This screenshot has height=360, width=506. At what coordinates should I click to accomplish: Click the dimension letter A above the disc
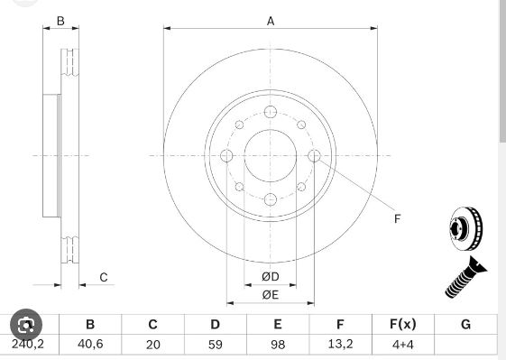tap(271, 22)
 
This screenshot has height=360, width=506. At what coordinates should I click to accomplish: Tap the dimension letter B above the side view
tap(60, 21)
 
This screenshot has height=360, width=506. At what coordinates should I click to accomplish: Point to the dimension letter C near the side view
tap(103, 277)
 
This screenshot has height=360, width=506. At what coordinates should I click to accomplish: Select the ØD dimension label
tap(271, 277)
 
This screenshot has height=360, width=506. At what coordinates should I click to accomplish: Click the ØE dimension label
tap(271, 295)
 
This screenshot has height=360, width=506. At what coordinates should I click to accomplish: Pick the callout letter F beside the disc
tap(397, 219)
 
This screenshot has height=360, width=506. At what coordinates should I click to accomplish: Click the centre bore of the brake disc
tap(271, 155)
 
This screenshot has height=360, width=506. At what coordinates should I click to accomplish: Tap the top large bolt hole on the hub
tap(271, 112)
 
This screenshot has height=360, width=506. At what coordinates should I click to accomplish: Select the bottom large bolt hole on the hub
tap(271, 199)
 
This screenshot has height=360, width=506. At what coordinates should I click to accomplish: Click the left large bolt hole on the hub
tap(226, 155)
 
